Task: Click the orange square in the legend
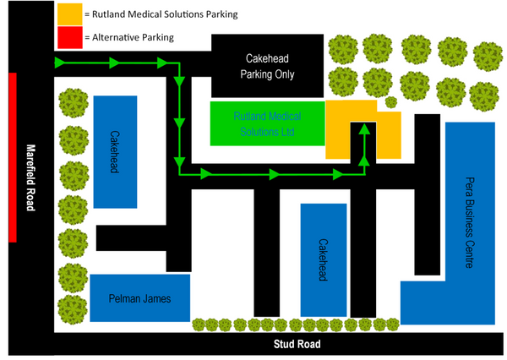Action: pos(70,14)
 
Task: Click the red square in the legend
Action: pos(70,37)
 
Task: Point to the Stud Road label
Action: pos(297,345)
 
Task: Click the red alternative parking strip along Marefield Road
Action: pos(13,157)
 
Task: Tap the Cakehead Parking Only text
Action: pos(267,67)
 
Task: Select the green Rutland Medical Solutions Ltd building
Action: pos(267,122)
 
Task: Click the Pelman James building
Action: pos(140,298)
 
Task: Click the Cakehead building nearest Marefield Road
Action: pos(116,151)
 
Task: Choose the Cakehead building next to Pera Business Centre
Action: pos(324,260)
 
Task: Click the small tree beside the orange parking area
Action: pos(391,102)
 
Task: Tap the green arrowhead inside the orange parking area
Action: pos(363,128)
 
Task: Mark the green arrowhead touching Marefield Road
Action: pos(60,63)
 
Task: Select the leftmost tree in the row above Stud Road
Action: pos(200,325)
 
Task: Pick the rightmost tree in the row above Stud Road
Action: pos(392,325)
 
